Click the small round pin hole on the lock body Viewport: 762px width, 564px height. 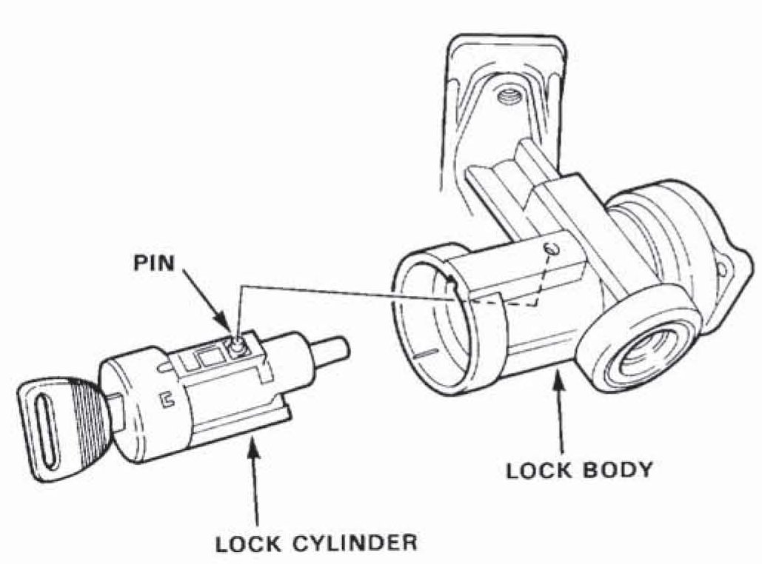click(549, 249)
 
